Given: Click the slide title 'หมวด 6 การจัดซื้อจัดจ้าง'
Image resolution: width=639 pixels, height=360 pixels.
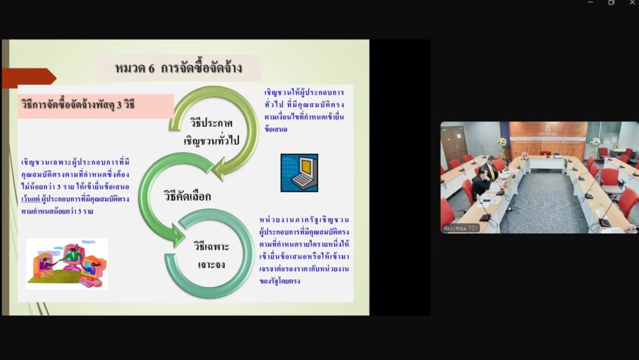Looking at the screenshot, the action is tap(178, 68).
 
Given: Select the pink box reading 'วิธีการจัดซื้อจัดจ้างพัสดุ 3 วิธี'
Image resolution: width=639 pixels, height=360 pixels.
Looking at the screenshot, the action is tap(96, 106).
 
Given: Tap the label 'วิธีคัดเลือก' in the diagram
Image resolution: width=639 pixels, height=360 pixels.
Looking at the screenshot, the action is tap(187, 196).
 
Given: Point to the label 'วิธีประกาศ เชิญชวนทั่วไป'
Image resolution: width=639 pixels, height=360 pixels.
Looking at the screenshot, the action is tap(212, 132).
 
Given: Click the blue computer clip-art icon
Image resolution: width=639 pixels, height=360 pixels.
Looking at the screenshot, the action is tap(299, 173).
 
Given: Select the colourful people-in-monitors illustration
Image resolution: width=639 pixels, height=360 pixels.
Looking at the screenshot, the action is tap(67, 263).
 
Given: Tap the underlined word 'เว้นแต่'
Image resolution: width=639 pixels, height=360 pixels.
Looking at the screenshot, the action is tap(31, 200).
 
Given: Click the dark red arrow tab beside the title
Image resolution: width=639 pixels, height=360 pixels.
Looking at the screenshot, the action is tap(29, 77).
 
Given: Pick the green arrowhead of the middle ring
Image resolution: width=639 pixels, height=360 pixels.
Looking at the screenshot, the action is tap(178, 235).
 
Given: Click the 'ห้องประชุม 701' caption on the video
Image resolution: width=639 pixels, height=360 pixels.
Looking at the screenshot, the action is tap(460, 228).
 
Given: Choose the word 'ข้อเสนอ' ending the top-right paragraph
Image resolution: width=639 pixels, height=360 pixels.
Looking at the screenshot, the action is tap(276, 129).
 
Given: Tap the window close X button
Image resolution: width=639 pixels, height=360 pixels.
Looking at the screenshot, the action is tap(632, 3).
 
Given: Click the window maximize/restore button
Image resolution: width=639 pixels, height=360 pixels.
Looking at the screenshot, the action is tap(611, 3).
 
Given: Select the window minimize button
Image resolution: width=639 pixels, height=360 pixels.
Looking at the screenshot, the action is tap(590, 3).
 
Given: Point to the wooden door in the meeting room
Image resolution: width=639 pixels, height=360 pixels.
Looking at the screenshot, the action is tap(453, 145).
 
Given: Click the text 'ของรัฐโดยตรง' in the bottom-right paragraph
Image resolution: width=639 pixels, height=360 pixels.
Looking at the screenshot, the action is tap(280, 281).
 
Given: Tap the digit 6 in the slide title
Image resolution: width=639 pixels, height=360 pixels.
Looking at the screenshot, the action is tap(151, 68).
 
